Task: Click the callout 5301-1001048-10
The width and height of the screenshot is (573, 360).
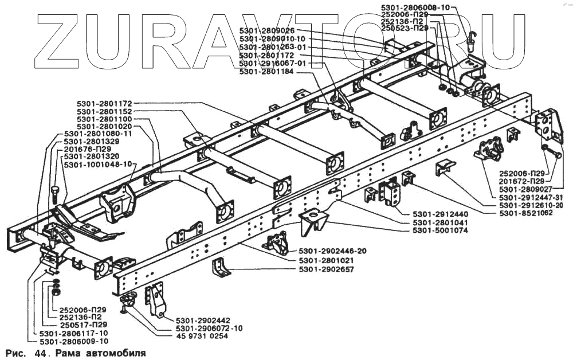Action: click(98, 163)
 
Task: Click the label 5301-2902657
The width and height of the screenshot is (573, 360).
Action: click(327, 269)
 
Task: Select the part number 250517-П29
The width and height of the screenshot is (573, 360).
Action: click(81, 325)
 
